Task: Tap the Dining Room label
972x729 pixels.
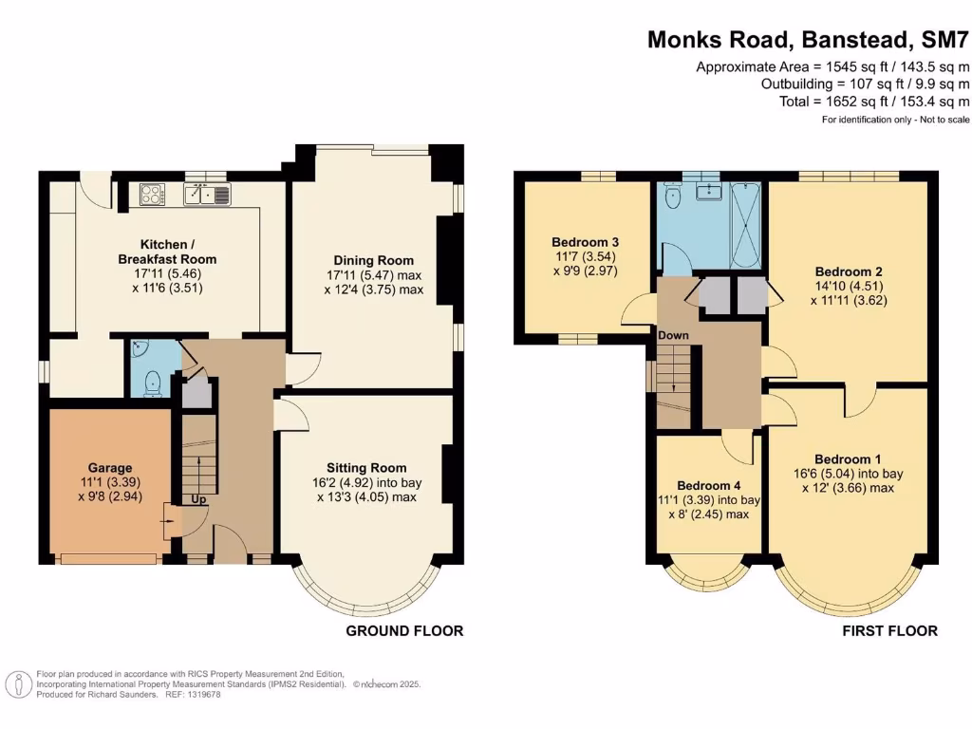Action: coord(373,260)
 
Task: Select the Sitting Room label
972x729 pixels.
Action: coord(366,467)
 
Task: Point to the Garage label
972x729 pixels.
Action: coord(110,467)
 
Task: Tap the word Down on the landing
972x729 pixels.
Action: coord(674,335)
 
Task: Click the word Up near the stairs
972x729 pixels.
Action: coord(200,498)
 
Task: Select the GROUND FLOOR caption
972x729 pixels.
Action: coord(404,630)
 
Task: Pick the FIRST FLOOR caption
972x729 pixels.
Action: coord(889,630)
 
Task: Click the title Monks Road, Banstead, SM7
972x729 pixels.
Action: coord(809,40)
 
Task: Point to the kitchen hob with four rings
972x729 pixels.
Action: coord(152,194)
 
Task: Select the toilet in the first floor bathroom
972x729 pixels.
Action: coord(672,196)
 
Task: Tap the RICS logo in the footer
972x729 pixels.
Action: coord(17,683)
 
